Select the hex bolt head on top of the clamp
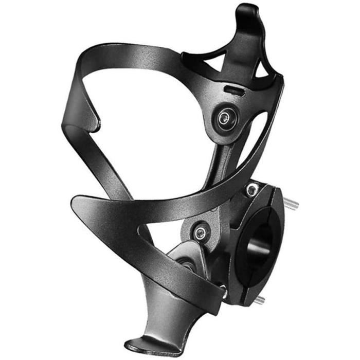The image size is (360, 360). coord(251,190)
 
